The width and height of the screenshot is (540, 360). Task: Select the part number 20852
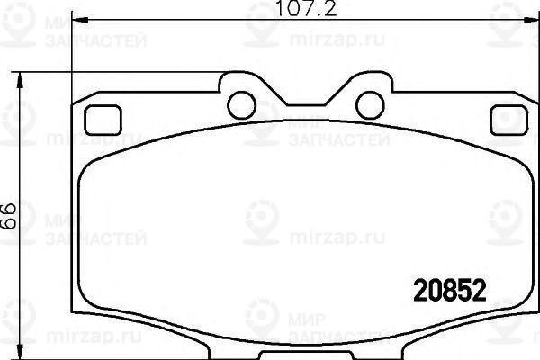pyautogui.click(x=449, y=290)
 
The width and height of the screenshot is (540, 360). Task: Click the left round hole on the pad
pyautogui.click(x=240, y=105)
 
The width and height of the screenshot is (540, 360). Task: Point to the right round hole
pyautogui.click(x=369, y=105)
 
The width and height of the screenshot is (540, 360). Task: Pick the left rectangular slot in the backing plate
pyautogui.click(x=102, y=117)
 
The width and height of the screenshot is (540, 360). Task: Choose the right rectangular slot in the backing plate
pyautogui.click(x=509, y=117)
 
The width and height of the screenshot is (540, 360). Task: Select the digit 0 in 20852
pyautogui.click(x=428, y=290)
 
